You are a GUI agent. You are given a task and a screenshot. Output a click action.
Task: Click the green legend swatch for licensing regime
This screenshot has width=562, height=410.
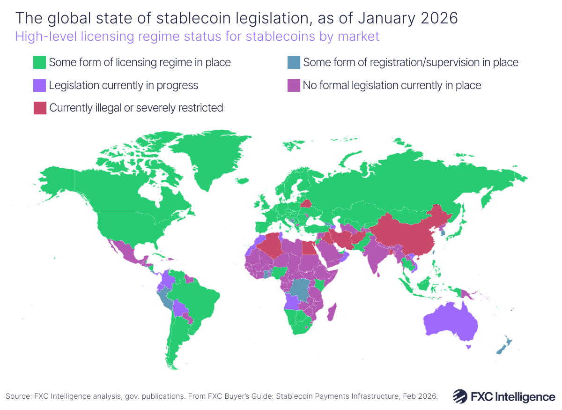[39, 62]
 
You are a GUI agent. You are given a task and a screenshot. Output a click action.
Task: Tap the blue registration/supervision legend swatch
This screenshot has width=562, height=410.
[293, 62]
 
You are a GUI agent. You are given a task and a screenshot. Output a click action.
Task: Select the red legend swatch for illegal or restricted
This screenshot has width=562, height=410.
[39, 108]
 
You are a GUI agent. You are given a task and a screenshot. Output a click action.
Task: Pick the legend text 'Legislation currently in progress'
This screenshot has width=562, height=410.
[124, 85]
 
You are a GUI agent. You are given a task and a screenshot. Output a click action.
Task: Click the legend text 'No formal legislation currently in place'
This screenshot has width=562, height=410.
[392, 85]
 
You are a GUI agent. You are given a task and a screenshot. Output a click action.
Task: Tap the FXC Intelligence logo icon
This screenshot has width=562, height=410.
[460, 396]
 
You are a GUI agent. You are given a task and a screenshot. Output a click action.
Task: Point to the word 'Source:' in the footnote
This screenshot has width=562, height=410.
[18, 396]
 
